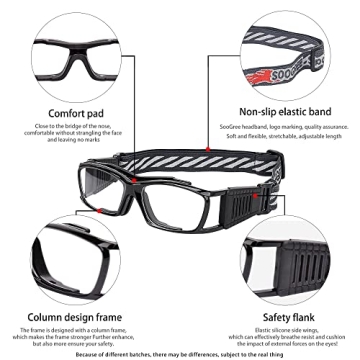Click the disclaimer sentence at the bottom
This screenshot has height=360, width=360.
click(x=180, y=353)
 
